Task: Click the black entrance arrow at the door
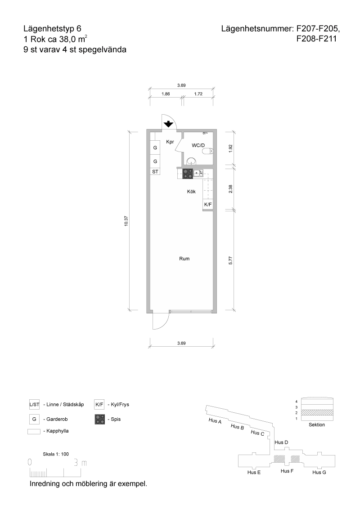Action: coord(168,124)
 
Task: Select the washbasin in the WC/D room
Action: coord(192,161)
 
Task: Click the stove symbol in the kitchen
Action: coord(188,174)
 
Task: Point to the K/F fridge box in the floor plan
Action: coord(208,205)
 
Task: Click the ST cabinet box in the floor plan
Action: coord(155,171)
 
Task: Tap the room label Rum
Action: coord(184,259)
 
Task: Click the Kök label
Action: coord(191,192)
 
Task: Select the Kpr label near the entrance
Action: coord(170,142)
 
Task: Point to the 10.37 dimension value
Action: coord(126,221)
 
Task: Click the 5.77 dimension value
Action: coord(230,260)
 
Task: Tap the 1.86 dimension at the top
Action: coord(166,94)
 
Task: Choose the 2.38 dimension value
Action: coord(230,188)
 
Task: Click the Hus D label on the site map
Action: coord(281,442)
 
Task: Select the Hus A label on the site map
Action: coord(215,421)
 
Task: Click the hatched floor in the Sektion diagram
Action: coord(317,412)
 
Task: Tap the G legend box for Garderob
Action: coord(34,419)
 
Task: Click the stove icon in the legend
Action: coord(100,419)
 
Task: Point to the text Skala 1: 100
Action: coord(56,454)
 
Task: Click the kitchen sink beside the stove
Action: coord(198,174)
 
